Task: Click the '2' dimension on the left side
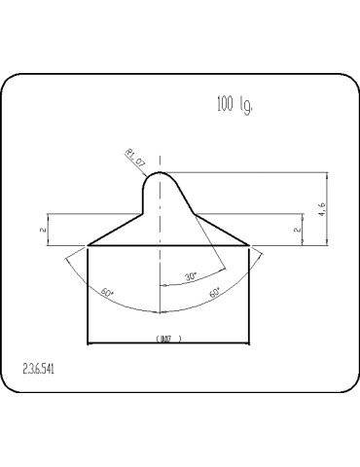(43, 230)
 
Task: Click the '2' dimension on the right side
(296, 230)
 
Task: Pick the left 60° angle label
(107, 292)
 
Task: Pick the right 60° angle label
(213, 291)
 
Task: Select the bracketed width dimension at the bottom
(168, 339)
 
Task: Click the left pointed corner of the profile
(89, 245)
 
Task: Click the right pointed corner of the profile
(250, 245)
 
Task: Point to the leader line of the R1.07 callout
(146, 165)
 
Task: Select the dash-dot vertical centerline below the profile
(160, 282)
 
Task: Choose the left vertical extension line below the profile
(89, 292)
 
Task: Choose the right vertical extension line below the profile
(250, 292)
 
